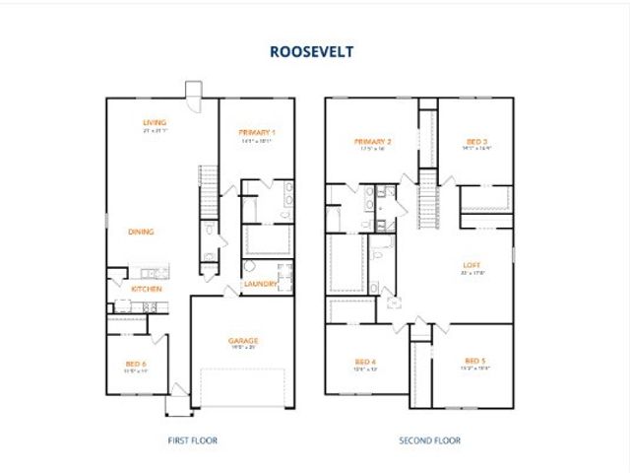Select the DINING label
(x=141, y=232)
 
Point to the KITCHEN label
(x=147, y=289)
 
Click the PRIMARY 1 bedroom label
(x=256, y=132)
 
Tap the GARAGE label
(x=243, y=341)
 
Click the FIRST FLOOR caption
(x=192, y=440)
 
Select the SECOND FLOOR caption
(x=429, y=440)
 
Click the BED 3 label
(x=477, y=143)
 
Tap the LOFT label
(x=473, y=265)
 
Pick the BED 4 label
(x=367, y=363)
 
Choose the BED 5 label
(x=475, y=363)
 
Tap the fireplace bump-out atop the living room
(x=193, y=90)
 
